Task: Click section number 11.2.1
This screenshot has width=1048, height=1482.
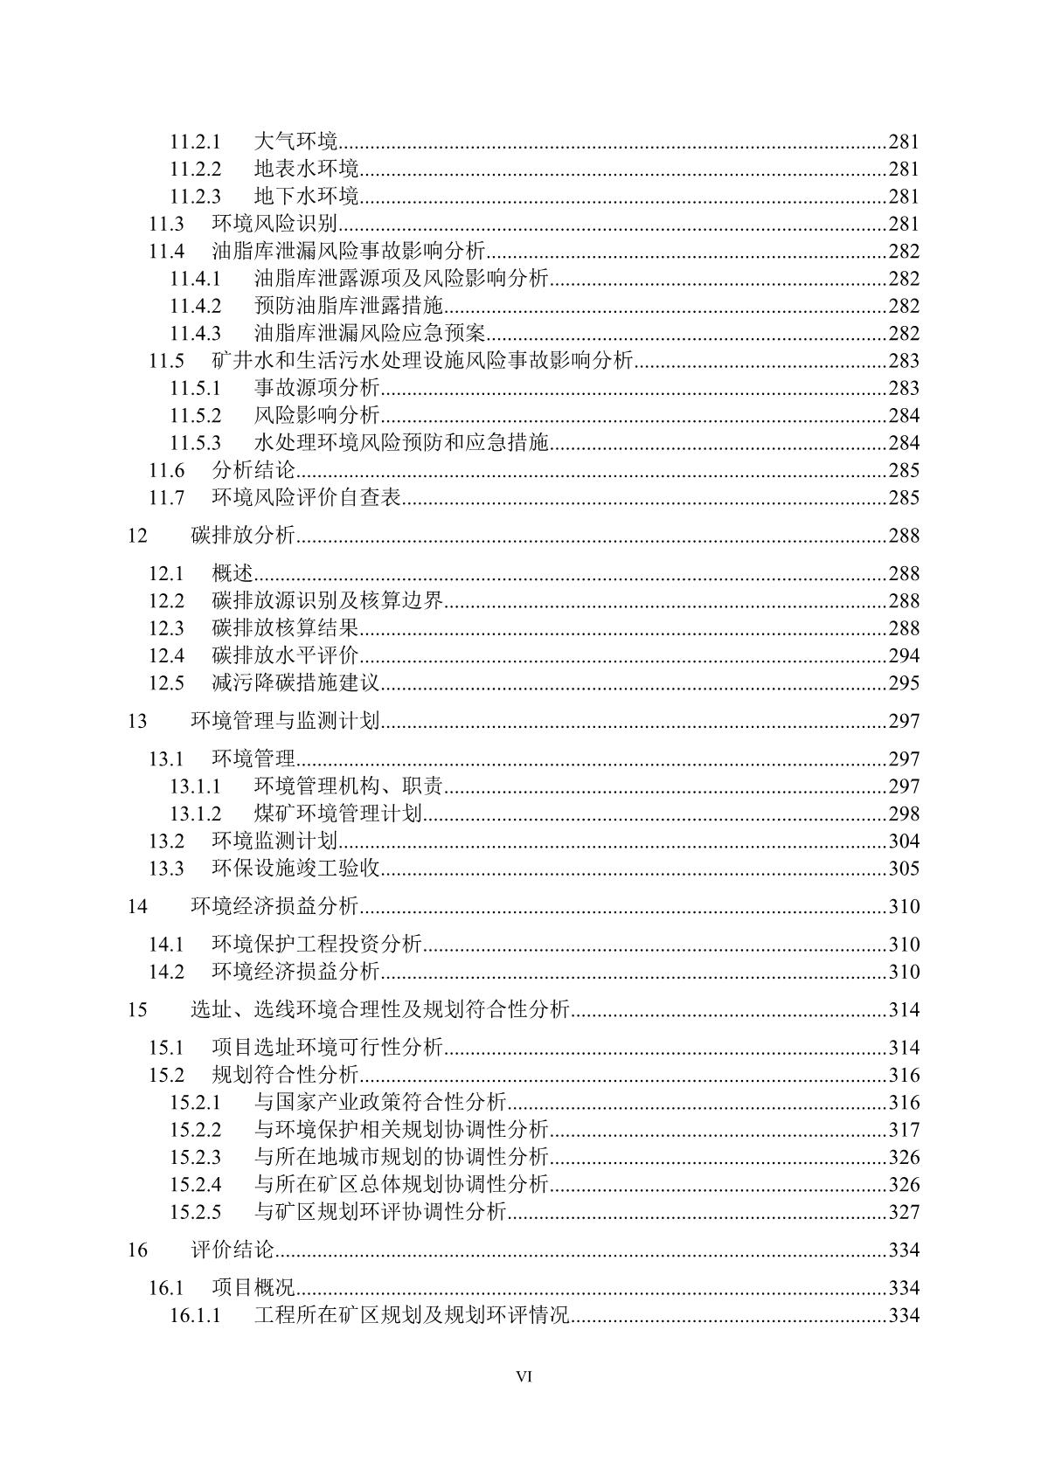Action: (x=195, y=142)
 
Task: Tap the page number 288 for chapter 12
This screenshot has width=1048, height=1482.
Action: (x=904, y=536)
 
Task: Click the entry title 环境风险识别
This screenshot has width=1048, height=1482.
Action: (x=274, y=224)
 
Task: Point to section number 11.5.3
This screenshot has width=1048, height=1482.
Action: (x=195, y=443)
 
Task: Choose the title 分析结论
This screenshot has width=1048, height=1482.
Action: (x=253, y=470)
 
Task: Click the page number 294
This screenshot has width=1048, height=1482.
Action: (x=904, y=655)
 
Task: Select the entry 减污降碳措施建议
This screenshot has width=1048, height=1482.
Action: (x=295, y=682)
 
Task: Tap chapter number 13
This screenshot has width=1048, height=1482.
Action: (x=137, y=721)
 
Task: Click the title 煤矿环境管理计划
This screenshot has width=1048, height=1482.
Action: (x=338, y=814)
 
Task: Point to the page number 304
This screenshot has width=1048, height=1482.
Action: (x=904, y=841)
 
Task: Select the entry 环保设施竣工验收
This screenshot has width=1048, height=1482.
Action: (x=295, y=868)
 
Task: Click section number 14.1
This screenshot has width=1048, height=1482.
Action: (x=166, y=944)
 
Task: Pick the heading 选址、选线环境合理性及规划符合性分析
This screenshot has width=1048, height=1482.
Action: (x=380, y=1010)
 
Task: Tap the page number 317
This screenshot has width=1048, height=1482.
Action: (x=904, y=1130)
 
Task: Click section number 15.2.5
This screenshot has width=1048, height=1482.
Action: (x=195, y=1212)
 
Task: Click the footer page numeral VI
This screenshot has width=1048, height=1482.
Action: (x=524, y=1376)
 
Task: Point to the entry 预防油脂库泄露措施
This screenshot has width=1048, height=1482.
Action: (x=349, y=306)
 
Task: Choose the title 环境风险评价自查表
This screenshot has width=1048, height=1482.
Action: (x=306, y=497)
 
